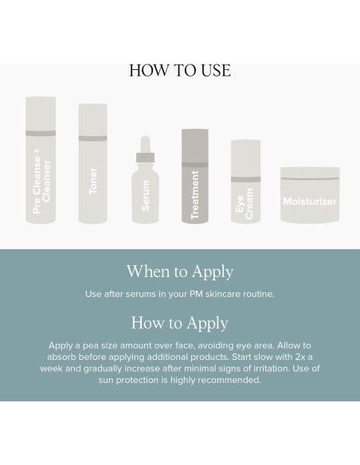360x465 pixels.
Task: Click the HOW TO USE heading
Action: pos(180,71)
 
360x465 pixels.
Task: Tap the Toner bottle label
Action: pos(93,181)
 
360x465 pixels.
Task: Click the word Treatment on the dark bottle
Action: pos(195,195)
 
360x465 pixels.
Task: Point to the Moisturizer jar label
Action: pos(310,201)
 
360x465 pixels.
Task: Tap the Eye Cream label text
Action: pos(245,204)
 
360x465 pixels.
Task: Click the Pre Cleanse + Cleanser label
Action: pos(41,181)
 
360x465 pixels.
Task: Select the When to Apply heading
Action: pos(180,272)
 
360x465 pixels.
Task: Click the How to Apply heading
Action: pos(180,323)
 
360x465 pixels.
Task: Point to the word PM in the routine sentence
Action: pos(196,294)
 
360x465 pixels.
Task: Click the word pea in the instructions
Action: pos(91,346)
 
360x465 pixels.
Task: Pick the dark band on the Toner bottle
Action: pos(93,139)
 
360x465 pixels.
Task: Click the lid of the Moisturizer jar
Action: pos(310,173)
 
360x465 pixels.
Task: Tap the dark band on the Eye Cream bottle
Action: pos(246,179)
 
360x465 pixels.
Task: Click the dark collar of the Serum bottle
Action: pos(145,158)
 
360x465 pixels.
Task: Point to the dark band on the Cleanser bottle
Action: pos(41,133)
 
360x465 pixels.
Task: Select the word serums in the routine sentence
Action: pos(136,294)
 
